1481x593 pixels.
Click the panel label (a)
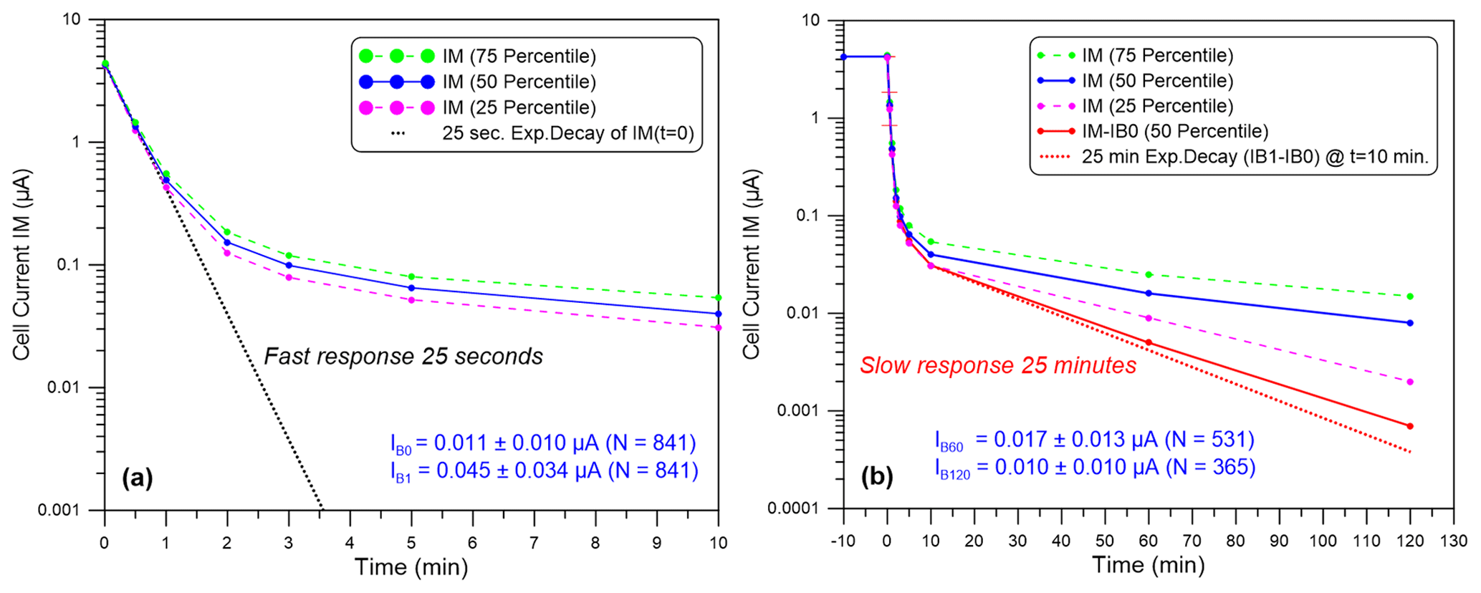tap(138, 477)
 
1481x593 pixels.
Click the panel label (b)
tap(877, 476)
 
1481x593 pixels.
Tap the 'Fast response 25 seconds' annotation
tap(403, 356)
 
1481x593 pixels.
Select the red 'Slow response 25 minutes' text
tap(998, 365)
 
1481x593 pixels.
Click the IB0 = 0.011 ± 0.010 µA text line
tap(543, 443)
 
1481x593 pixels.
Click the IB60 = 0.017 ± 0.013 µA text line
tap(1094, 440)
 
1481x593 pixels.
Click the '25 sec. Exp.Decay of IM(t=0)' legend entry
tap(567, 133)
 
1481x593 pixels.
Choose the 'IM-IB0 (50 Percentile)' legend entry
tap(1175, 131)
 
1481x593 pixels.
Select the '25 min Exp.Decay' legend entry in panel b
tap(1255, 157)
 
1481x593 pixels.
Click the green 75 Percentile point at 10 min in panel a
tap(718, 297)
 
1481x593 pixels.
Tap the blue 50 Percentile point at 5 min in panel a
tap(411, 288)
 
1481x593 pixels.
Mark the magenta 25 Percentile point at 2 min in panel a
tap(227, 253)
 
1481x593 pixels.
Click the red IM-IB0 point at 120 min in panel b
tap(1410, 426)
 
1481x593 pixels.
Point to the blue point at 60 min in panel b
tap(1149, 293)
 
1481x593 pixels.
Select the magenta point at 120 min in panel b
tap(1410, 382)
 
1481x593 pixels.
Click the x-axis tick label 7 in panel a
tap(534, 543)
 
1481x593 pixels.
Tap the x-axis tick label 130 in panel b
tap(1454, 541)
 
